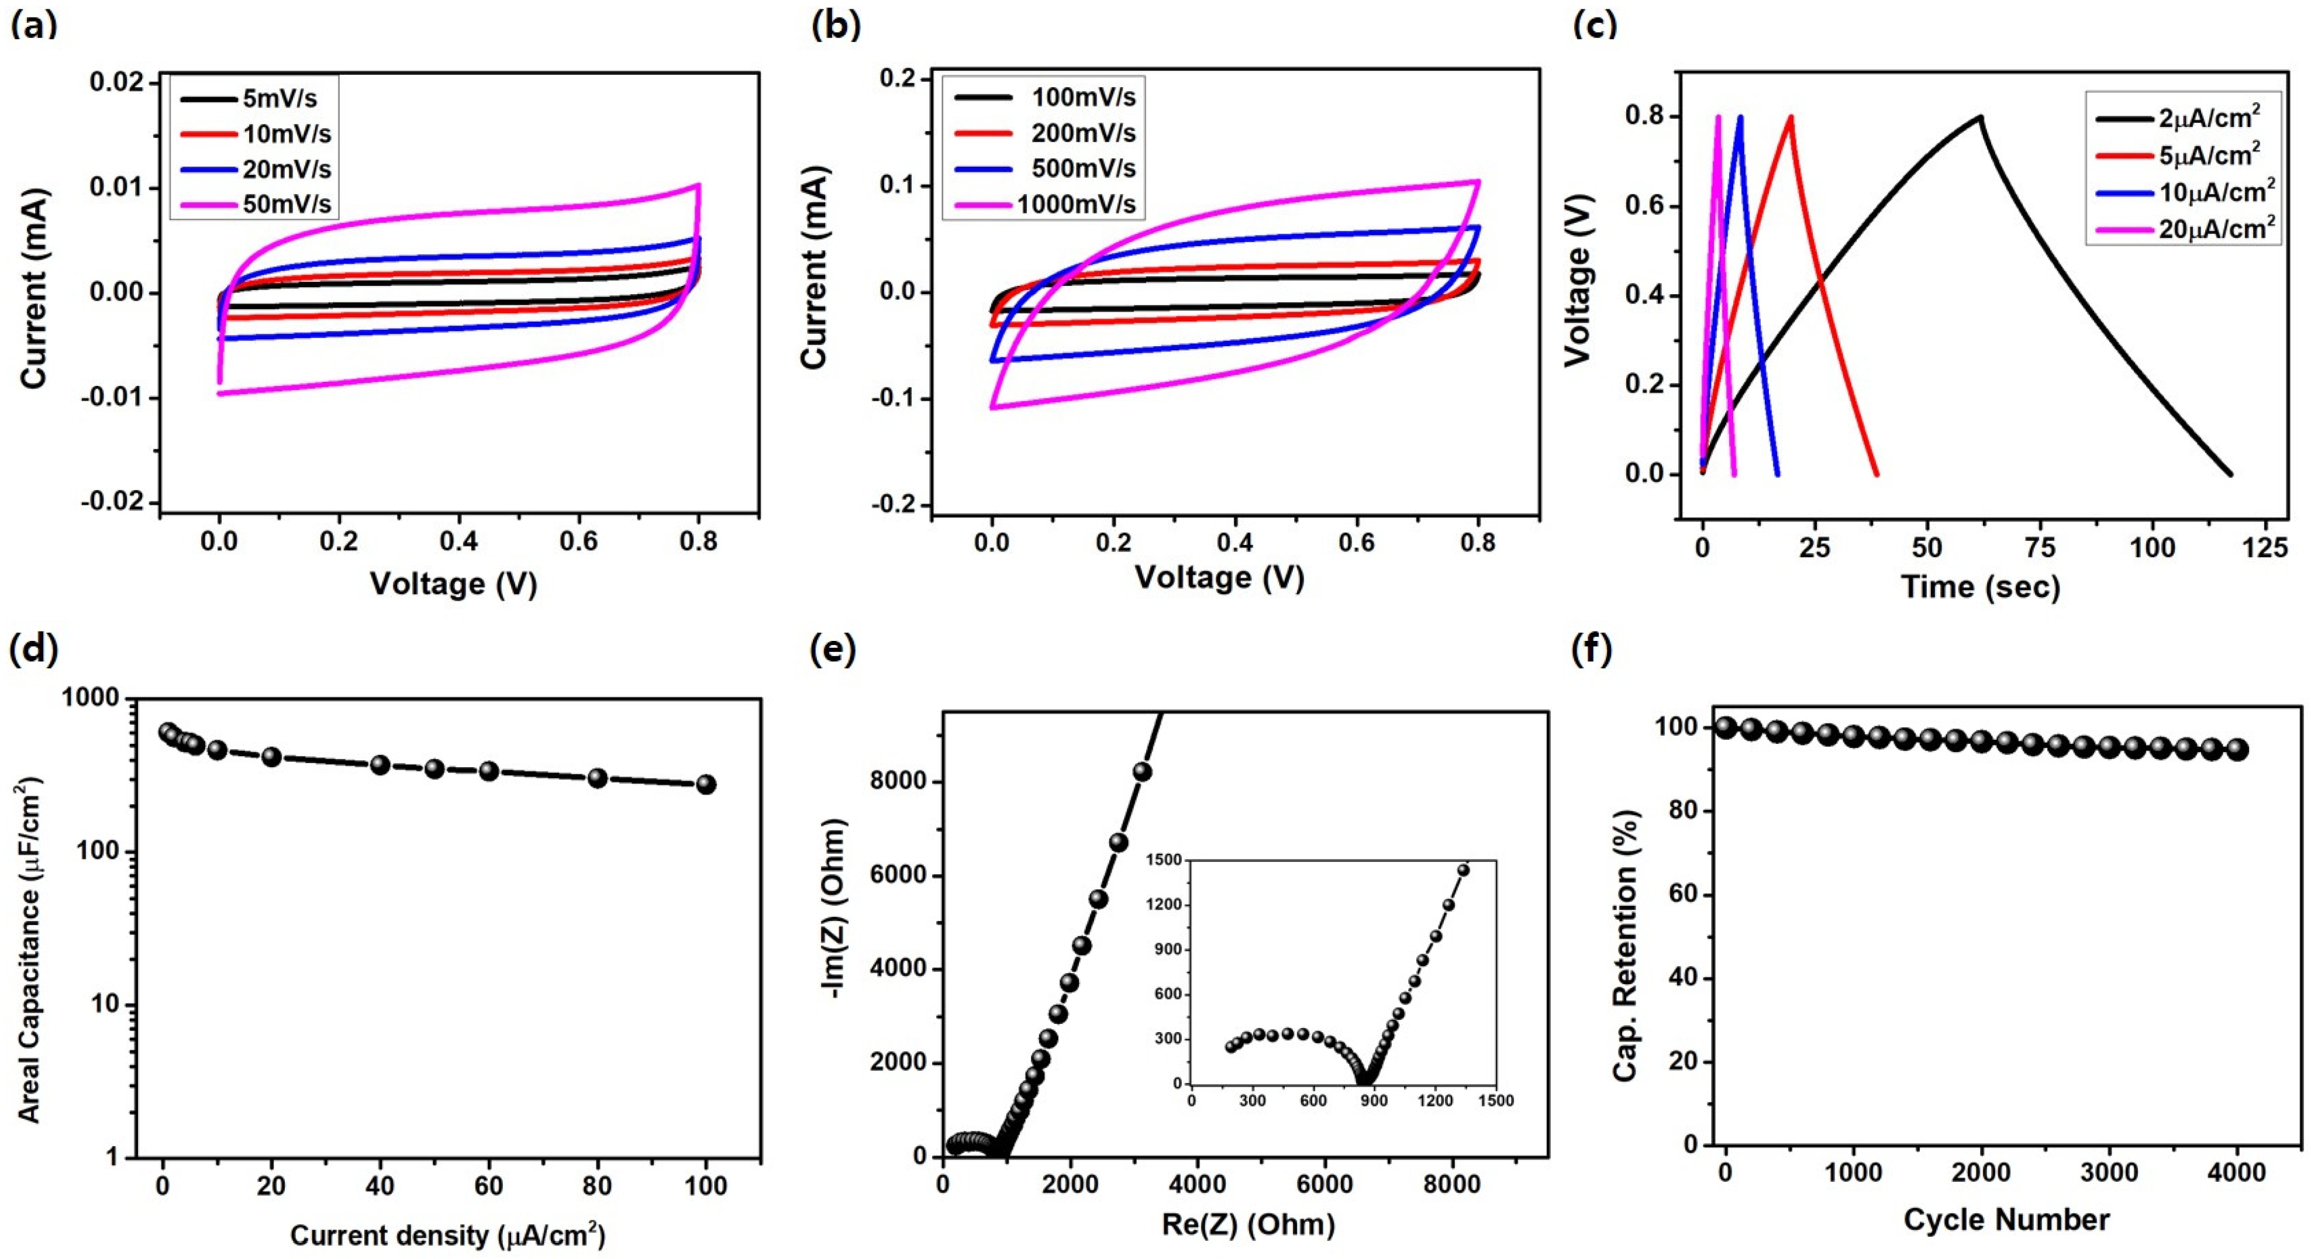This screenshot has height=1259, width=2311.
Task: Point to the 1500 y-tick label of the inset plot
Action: pos(1164,860)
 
